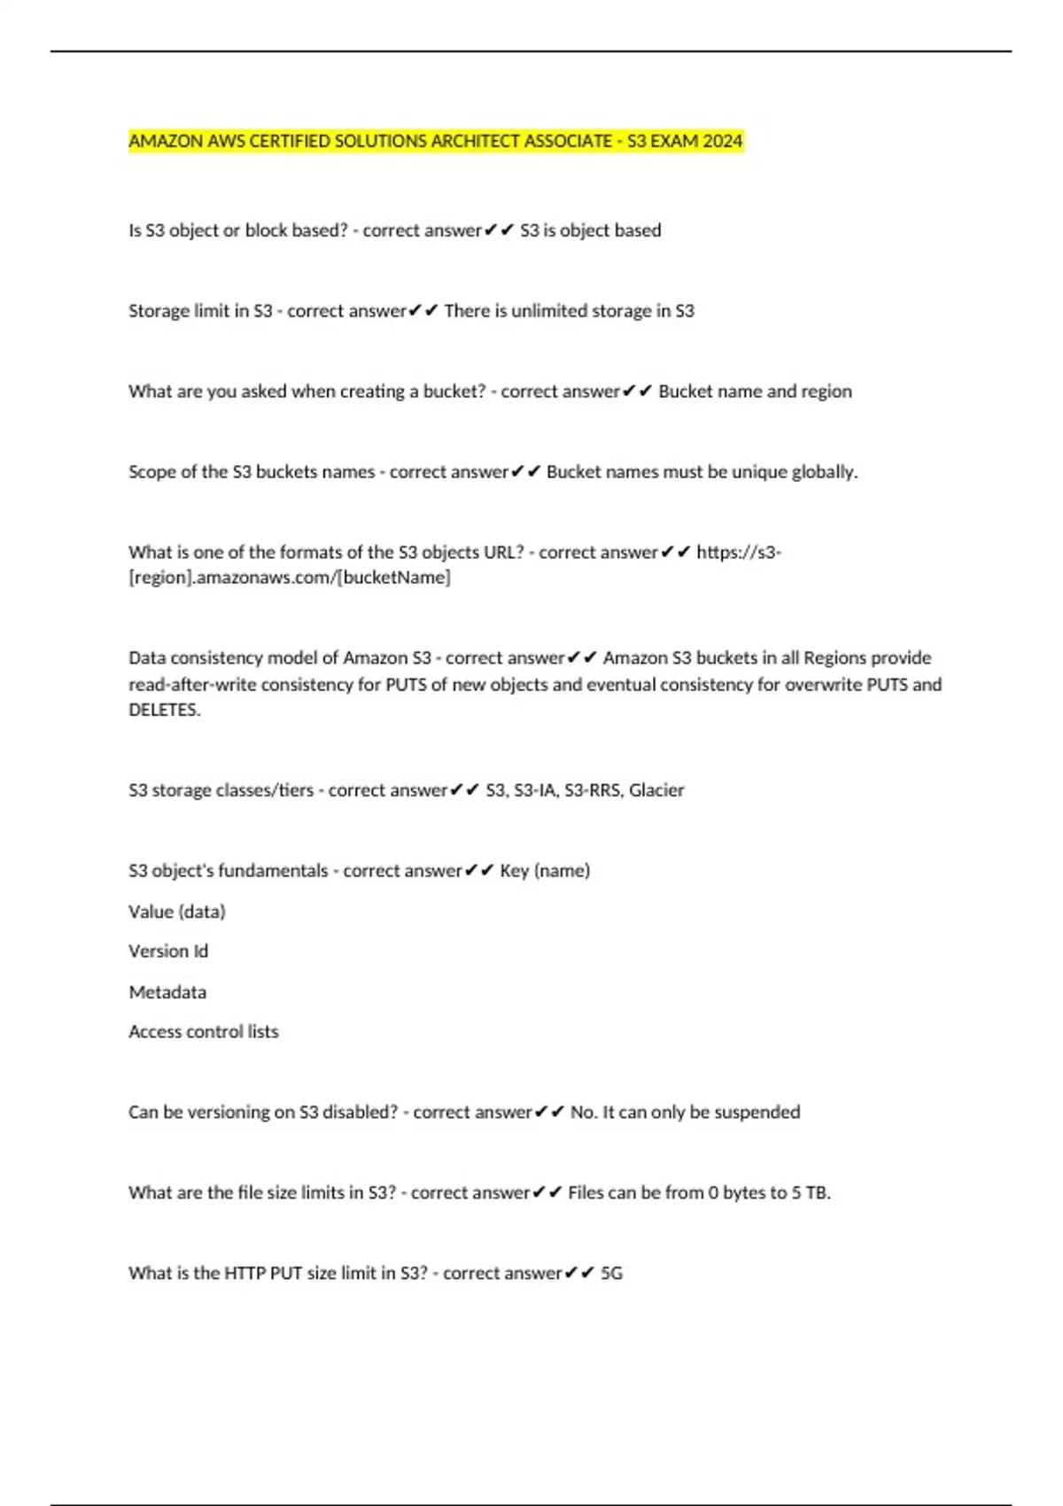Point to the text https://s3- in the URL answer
coord(739,553)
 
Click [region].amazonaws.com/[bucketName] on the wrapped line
coord(290,578)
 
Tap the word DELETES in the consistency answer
coord(163,710)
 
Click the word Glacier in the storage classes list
coord(656,790)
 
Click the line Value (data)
coord(177,912)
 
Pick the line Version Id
coord(168,951)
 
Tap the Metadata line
coord(167,992)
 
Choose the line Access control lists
coord(204,1032)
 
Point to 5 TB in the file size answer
coord(810,1193)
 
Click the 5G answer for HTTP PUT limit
coord(612,1274)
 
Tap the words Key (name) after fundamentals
coord(545,871)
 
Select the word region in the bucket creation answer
coord(826,392)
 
